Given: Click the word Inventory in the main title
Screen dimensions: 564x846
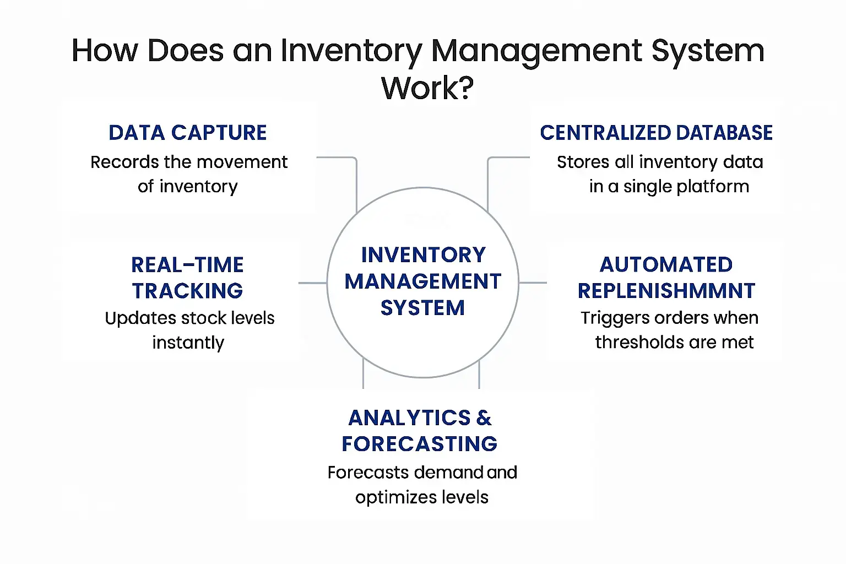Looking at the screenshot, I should [x=351, y=51].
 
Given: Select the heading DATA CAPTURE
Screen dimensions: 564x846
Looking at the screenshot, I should [x=188, y=133].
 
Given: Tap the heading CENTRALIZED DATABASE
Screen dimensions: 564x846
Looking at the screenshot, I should [x=656, y=133].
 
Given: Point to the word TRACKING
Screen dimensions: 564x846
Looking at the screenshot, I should [x=187, y=291].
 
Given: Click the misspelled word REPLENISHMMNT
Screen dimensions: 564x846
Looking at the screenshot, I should [x=666, y=291].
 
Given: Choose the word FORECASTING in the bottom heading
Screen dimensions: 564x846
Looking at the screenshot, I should [x=419, y=444].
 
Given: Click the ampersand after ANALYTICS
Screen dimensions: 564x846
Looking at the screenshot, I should [x=484, y=418].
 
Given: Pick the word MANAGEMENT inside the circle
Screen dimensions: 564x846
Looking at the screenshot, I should [x=423, y=281].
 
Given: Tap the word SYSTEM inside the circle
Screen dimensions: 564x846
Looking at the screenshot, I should [x=422, y=308].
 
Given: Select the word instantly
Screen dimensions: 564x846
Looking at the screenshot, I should [x=188, y=343].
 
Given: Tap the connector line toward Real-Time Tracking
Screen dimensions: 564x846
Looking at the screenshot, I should [x=312, y=283].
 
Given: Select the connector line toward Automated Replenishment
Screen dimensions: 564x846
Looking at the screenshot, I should [x=533, y=283].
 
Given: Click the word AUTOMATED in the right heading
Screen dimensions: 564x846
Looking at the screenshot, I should [x=666, y=265].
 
